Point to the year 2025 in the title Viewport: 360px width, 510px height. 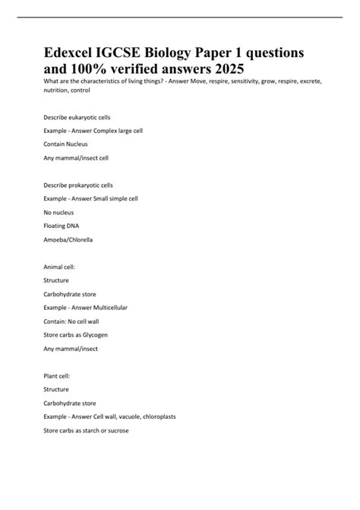pyautogui.click(x=226, y=68)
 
